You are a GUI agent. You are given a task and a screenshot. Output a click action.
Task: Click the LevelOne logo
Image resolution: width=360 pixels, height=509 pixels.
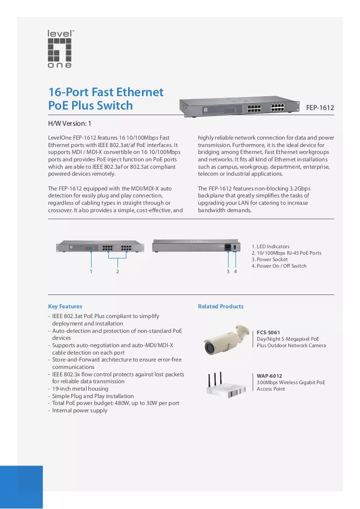coord(60,49)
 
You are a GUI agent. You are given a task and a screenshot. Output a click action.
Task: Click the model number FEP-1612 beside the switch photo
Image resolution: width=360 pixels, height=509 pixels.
coord(320,108)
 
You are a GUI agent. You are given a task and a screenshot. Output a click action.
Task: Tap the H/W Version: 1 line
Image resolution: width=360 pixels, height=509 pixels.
coord(69,124)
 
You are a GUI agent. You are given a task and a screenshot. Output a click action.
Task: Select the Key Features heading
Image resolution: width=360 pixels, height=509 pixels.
coord(65,307)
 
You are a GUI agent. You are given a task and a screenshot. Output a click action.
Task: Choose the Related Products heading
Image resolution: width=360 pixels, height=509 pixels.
coord(221,307)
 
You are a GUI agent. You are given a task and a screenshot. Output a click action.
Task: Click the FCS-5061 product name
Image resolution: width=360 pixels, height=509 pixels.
coord(268,332)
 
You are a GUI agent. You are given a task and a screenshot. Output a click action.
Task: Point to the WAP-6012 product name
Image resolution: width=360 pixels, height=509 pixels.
coord(269,376)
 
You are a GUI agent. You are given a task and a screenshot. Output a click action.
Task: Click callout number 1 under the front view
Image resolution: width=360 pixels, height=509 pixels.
coord(91,271)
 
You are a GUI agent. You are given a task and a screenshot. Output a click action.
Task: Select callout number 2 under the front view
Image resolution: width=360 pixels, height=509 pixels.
coord(118,271)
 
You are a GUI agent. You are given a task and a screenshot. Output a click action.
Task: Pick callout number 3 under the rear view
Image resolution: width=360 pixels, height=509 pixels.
coord(228,271)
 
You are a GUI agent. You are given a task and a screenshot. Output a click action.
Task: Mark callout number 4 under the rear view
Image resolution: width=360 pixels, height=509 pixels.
coord(236,271)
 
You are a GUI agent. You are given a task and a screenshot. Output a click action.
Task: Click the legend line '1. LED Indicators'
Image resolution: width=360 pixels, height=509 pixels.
coord(270,247)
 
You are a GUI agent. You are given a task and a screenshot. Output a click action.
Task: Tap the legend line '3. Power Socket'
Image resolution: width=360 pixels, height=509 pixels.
coord(269,260)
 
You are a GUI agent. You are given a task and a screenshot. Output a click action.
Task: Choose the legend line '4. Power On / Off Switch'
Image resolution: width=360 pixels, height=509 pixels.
coord(279,266)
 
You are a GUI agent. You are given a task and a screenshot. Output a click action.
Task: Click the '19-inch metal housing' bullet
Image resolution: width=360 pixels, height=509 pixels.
coord(80,389)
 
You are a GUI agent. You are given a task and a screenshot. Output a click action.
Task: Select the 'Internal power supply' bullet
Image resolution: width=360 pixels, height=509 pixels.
coord(80,411)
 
